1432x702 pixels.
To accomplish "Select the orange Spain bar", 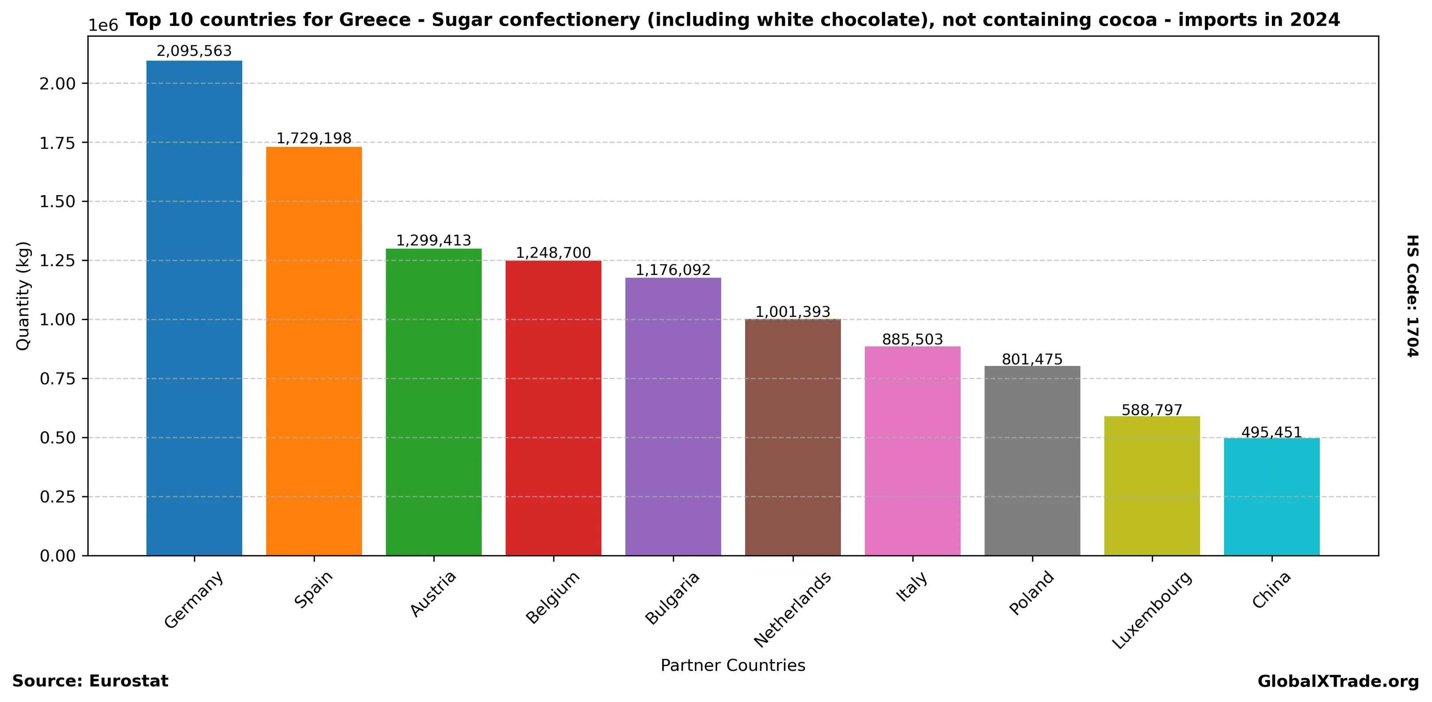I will (314, 351).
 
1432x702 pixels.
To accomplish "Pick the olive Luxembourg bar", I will (1152, 485).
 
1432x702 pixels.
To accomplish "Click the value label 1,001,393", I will (792, 312).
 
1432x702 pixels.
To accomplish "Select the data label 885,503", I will (912, 339).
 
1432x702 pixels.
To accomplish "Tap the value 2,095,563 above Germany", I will (194, 51).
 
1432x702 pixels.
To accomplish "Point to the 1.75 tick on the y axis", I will (57, 143).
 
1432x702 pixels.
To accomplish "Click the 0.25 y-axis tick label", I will (57, 497).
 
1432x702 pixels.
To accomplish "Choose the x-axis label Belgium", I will (553, 597).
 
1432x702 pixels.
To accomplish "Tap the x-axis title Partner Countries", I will (733, 665).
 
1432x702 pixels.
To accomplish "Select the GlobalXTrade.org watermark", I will (1338, 682).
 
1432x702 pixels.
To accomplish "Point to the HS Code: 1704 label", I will (1412, 296).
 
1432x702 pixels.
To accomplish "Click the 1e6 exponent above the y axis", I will (103, 26).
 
